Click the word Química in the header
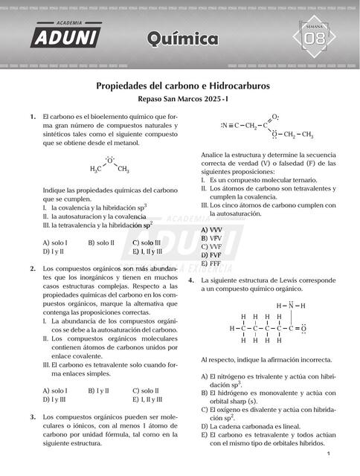pos(183,39)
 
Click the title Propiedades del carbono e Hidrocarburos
pos(183,86)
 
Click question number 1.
pos(33,117)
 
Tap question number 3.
pos(33,417)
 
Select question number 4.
pos(192,279)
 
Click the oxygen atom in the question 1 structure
pos(109,160)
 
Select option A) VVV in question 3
pos(212,230)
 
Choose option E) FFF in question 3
pos(212,263)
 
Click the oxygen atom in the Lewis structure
pos(303,328)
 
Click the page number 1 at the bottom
pos(328,454)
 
